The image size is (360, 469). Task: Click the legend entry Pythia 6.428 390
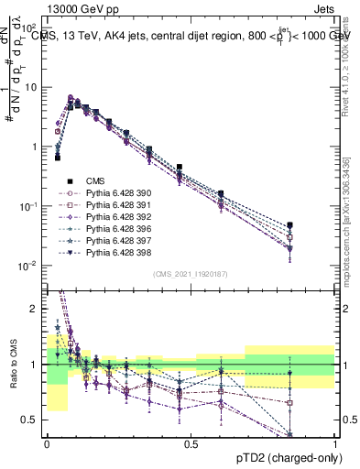pyautogui.click(x=115, y=193)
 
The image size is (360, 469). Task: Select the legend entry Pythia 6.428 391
pyautogui.click(x=115, y=205)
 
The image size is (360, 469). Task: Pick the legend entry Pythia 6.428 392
pyautogui.click(x=115, y=217)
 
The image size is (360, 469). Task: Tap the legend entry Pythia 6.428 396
pyautogui.click(x=115, y=229)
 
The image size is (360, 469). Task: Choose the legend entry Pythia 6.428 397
pyautogui.click(x=115, y=241)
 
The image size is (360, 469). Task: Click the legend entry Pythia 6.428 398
pyautogui.click(x=115, y=253)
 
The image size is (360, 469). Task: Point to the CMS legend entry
pyautogui.click(x=97, y=181)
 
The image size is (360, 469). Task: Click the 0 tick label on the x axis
pyautogui.click(x=47, y=443)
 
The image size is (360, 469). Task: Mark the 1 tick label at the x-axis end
pyautogui.click(x=335, y=443)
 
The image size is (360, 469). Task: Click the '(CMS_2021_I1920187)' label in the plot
pyautogui.click(x=191, y=273)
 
